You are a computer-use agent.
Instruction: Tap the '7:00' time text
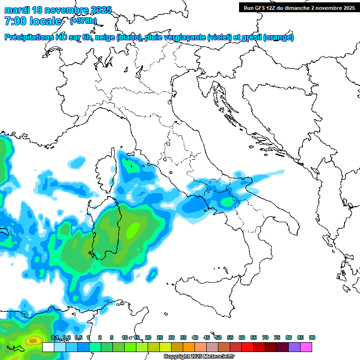coord(15,21)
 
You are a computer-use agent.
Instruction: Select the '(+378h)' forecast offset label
coord(83,21)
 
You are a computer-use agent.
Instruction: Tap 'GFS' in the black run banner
coord(260,7)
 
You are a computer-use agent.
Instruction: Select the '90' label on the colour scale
coord(312,337)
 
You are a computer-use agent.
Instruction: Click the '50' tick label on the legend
coord(218,337)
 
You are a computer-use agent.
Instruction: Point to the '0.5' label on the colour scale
coord(78,337)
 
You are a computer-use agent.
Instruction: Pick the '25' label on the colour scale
coord(160,337)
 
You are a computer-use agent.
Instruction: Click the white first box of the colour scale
coord(48,347)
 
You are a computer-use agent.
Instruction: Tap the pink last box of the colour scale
coord(306,347)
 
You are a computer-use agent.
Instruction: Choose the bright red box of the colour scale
coord(247,347)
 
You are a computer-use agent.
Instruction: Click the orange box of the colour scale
coord(189,347)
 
